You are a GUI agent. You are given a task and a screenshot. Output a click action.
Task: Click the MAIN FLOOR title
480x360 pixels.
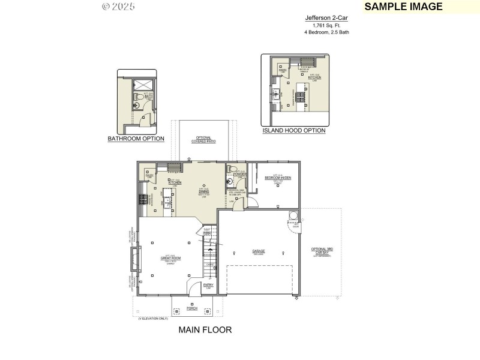click(205, 329)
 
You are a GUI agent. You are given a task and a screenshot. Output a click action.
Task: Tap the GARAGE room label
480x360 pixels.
click(259, 251)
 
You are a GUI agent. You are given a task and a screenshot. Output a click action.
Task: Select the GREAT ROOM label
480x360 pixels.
click(170, 258)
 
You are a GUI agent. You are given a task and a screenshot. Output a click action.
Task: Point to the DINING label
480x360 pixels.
click(204, 191)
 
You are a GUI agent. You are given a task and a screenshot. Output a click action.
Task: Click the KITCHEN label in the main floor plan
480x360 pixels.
click(175, 182)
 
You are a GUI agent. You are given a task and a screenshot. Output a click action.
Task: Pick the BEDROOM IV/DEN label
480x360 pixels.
click(277, 178)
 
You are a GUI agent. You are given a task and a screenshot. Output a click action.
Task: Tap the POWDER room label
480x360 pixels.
click(239, 174)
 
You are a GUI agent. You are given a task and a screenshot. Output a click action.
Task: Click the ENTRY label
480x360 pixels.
click(208, 286)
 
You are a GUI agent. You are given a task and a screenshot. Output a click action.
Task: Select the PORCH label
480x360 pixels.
click(192, 308)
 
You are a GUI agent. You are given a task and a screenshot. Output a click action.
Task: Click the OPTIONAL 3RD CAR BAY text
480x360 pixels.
click(323, 251)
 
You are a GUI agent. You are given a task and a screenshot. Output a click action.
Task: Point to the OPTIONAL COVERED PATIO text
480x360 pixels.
click(203, 140)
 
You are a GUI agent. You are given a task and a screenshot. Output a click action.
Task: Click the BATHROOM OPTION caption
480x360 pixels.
click(136, 139)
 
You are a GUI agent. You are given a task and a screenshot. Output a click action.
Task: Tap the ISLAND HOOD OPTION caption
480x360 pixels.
click(294, 130)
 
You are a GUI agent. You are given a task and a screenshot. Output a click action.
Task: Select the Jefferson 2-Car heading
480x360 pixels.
click(326, 19)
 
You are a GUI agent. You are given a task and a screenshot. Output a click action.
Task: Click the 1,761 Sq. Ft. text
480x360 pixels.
click(326, 26)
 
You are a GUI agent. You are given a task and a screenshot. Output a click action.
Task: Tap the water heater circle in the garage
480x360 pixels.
click(294, 216)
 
